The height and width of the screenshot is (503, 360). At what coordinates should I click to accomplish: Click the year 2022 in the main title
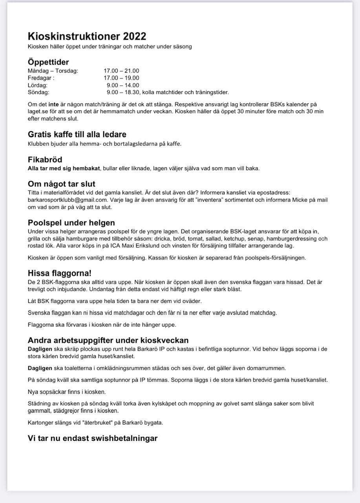click(x=134, y=37)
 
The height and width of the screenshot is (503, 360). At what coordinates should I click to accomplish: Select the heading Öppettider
click(x=48, y=62)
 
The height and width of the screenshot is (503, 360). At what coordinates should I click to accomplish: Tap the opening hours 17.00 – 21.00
click(x=121, y=71)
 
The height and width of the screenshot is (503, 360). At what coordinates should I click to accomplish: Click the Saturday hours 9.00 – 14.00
click(x=123, y=85)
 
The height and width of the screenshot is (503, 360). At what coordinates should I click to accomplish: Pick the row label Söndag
click(x=38, y=92)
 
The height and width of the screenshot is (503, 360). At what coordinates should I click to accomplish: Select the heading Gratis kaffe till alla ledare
click(x=77, y=135)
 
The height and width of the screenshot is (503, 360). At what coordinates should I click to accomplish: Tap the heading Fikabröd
click(x=45, y=160)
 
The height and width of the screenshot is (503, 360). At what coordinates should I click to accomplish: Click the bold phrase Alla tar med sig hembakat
click(x=64, y=168)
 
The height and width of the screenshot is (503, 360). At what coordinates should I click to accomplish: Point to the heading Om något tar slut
click(x=61, y=184)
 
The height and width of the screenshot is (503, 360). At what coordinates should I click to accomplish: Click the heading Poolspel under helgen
click(x=71, y=223)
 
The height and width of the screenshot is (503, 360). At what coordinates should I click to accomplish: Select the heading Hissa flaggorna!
click(x=59, y=273)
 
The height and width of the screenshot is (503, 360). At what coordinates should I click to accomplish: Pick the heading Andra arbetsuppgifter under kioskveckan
click(x=108, y=340)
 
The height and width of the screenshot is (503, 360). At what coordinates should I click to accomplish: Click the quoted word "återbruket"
click(x=85, y=423)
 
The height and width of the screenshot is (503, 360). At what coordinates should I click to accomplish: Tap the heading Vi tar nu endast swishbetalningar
click(x=92, y=438)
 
